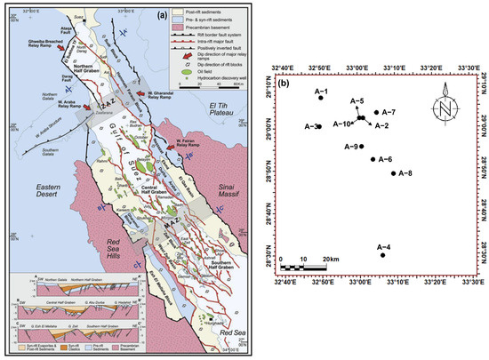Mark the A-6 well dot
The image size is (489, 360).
tap(373, 159)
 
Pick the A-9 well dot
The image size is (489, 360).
tap(361, 147)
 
